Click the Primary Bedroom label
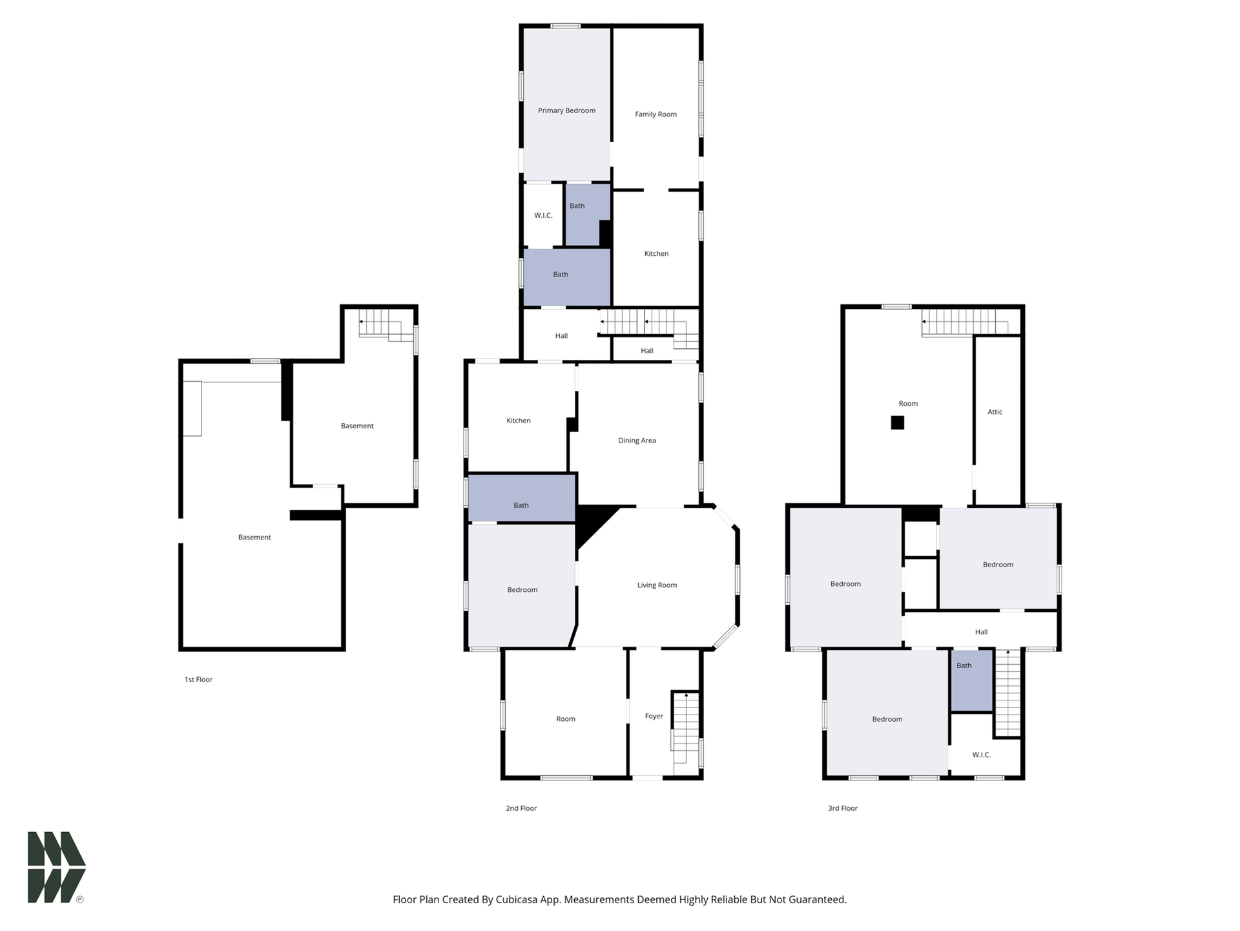(x=566, y=110)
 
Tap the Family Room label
(x=656, y=114)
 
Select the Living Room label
(x=657, y=585)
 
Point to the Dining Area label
(x=637, y=441)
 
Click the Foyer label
(x=654, y=716)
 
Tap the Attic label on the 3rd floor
(x=995, y=412)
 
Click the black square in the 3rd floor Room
(x=897, y=423)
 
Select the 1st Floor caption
(x=198, y=680)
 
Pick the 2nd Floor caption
(x=521, y=808)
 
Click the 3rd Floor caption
(x=843, y=808)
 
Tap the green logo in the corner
(x=56, y=867)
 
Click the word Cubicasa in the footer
(x=518, y=899)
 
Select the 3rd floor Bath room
(x=971, y=680)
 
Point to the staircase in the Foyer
(x=686, y=733)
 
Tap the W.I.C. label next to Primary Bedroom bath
(x=543, y=216)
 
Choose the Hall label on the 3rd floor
(x=981, y=633)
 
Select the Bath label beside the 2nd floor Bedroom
(x=521, y=505)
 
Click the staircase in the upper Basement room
(x=386, y=325)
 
